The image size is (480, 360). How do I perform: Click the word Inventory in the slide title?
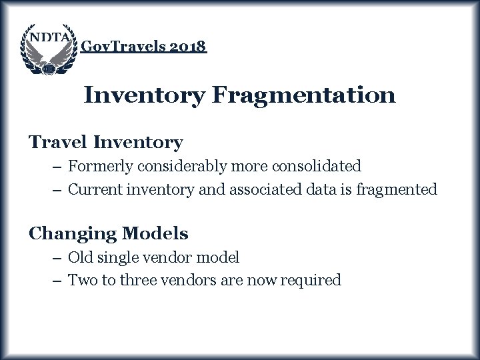click(x=145, y=95)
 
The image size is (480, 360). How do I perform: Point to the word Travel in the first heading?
click(x=59, y=142)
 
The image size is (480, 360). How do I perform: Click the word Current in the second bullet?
click(x=92, y=189)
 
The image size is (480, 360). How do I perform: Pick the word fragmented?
click(x=397, y=189)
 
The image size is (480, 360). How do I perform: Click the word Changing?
click(x=71, y=234)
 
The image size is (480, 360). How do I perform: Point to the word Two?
click(x=82, y=281)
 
